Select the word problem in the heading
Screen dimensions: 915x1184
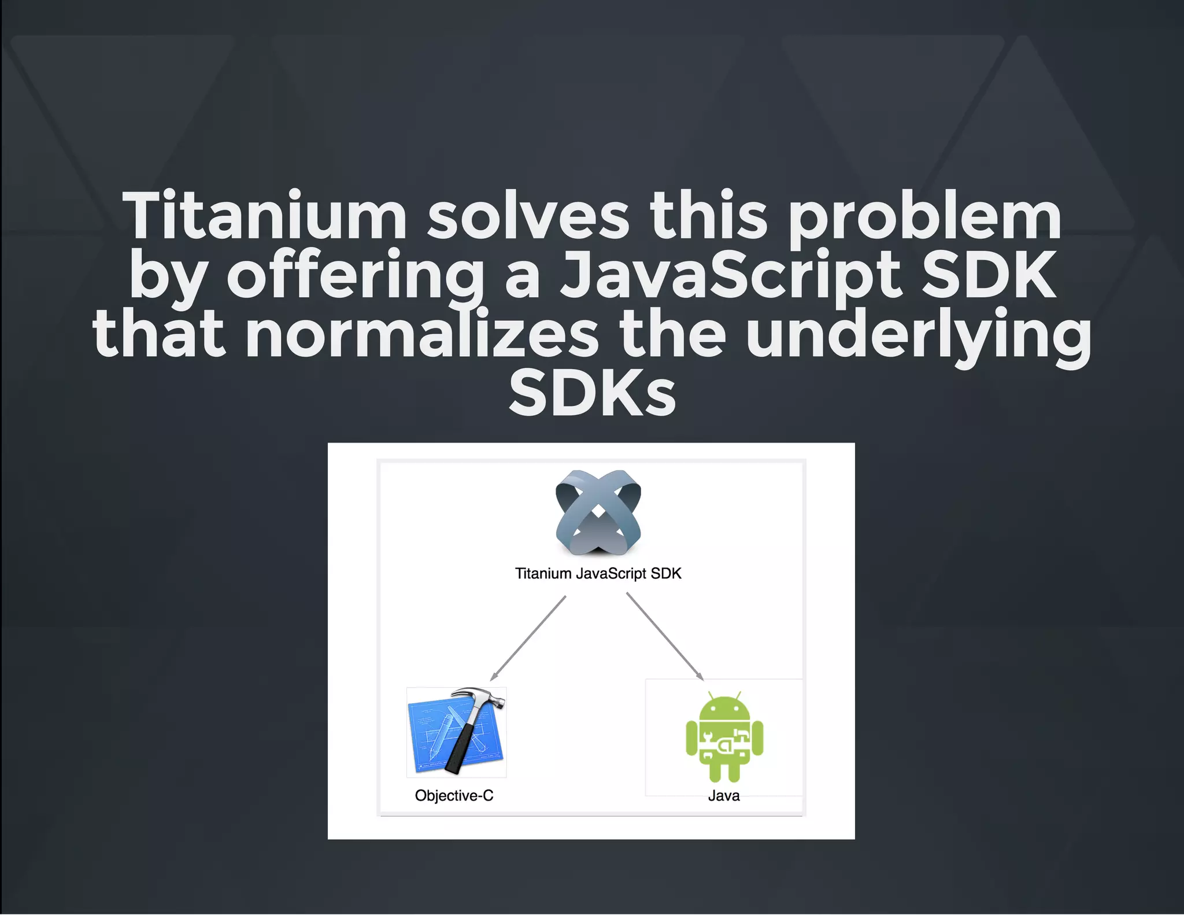[924, 217]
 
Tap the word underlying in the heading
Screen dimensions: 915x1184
[918, 335]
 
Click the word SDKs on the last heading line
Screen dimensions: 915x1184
[592, 393]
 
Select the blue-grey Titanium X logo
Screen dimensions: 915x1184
[598, 512]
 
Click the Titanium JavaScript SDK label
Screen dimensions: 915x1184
[598, 573]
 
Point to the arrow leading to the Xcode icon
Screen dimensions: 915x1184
[528, 639]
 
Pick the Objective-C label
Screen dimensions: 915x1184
[454, 795]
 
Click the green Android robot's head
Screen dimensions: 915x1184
[724, 708]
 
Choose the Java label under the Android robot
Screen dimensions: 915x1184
[724, 796]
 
